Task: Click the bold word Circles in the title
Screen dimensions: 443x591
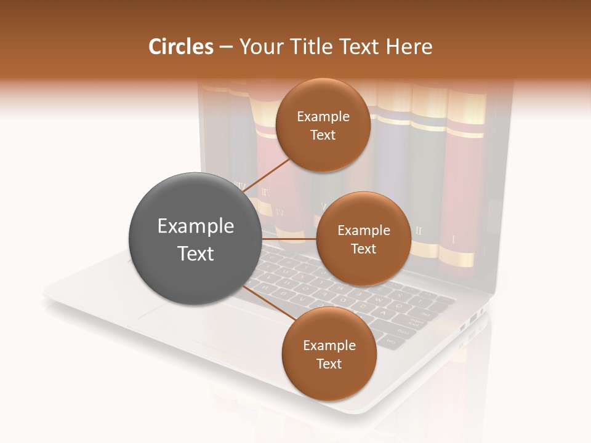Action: pyautogui.click(x=180, y=47)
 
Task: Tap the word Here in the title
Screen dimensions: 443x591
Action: pyautogui.click(x=409, y=47)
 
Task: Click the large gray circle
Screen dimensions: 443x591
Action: pyautogui.click(x=195, y=239)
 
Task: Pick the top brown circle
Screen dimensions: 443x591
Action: pyautogui.click(x=323, y=125)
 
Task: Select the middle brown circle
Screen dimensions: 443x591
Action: pyautogui.click(x=363, y=239)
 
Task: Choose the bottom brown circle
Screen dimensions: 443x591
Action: pyautogui.click(x=329, y=354)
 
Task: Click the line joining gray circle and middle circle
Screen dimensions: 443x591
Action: pyautogui.click(x=289, y=239)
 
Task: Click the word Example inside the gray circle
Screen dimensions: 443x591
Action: pyautogui.click(x=195, y=226)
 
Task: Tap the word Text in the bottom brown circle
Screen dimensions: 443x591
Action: pyautogui.click(x=329, y=364)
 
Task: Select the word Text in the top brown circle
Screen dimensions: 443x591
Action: pyautogui.click(x=323, y=135)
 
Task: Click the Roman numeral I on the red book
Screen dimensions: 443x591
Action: pyautogui.click(x=454, y=239)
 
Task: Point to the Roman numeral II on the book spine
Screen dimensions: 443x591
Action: pyautogui.click(x=419, y=231)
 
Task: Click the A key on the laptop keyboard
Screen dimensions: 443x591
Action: pyautogui.click(x=384, y=313)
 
